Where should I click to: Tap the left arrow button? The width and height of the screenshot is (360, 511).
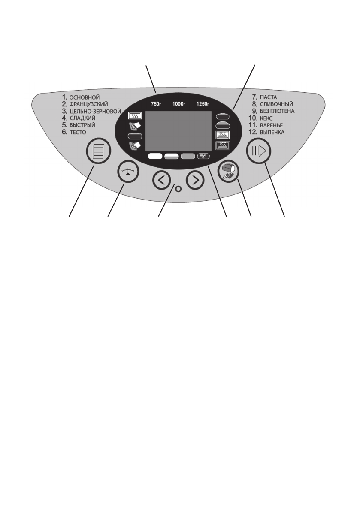[161, 181]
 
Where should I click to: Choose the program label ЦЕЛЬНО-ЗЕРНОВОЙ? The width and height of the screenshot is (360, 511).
[97, 111]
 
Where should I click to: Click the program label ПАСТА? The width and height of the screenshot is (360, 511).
[269, 97]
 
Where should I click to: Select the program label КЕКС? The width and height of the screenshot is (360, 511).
[267, 118]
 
